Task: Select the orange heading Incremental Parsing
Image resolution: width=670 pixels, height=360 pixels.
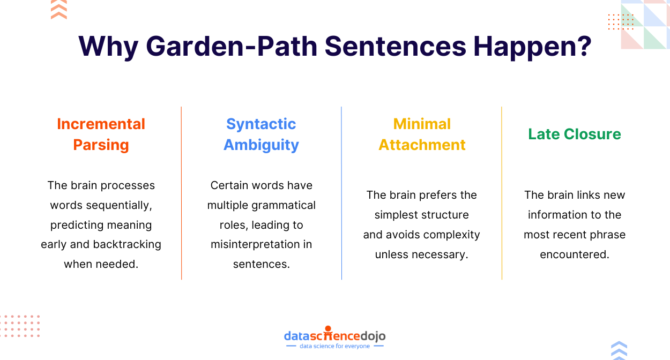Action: pyautogui.click(x=101, y=134)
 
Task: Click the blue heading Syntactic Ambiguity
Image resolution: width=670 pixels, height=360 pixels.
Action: pyautogui.click(x=261, y=134)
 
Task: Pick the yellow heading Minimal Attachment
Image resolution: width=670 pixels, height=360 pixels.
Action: pyautogui.click(x=422, y=134)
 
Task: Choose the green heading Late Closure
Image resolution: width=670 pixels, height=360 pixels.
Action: pyautogui.click(x=575, y=134)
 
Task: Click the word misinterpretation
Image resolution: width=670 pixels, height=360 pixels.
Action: pyautogui.click(x=255, y=244)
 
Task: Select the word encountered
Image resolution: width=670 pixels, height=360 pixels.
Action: pyautogui.click(x=575, y=254)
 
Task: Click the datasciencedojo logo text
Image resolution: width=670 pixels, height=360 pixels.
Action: pyautogui.click(x=334, y=336)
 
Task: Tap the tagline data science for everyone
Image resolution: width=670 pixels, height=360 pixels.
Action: pyautogui.click(x=334, y=347)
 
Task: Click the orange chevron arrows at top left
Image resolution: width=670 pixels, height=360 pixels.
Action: pyautogui.click(x=59, y=10)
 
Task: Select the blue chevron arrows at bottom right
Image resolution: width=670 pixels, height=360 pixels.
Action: pyautogui.click(x=619, y=350)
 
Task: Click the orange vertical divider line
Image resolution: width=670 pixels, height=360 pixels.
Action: pyautogui.click(x=181, y=193)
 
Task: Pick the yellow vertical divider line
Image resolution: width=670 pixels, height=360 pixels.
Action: pyautogui.click(x=502, y=193)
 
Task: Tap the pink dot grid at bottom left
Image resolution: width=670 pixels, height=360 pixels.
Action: pyautogui.click(x=20, y=326)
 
